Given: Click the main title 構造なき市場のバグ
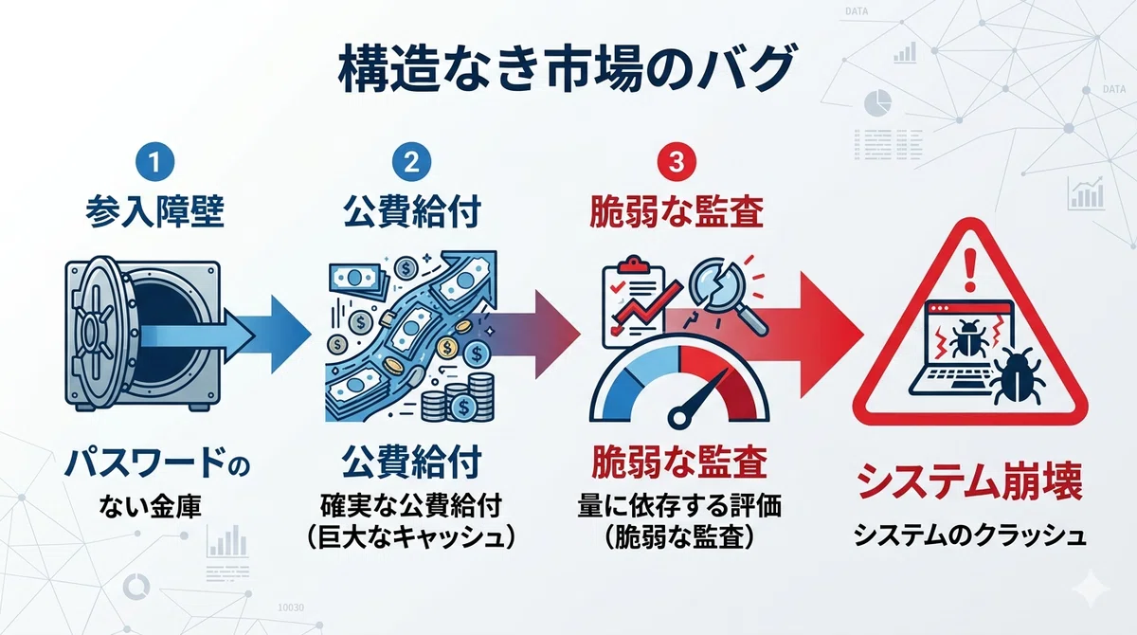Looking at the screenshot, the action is (x=566, y=69).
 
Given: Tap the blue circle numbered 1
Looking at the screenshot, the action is (x=154, y=162).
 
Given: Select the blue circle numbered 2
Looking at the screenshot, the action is (x=411, y=162).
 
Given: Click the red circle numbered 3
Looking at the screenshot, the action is (x=677, y=162).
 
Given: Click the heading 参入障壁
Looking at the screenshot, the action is (x=154, y=211).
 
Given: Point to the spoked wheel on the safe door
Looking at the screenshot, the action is (x=94, y=333).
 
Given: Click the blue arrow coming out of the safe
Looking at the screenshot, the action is (x=224, y=334).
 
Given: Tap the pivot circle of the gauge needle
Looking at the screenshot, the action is (x=679, y=418).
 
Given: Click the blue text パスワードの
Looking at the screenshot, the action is (x=157, y=463).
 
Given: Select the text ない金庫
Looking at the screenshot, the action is (x=151, y=507).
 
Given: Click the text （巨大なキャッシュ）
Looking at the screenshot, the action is (x=411, y=537).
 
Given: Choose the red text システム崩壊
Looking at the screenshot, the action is (x=970, y=481).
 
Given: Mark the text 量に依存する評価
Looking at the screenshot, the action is (x=679, y=505).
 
